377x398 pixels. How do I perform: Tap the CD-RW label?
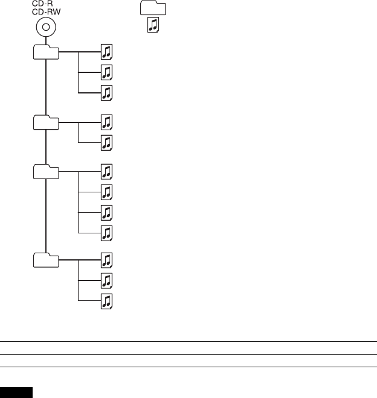46,11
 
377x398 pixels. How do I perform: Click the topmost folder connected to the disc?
46,52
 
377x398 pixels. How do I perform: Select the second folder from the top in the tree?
46,122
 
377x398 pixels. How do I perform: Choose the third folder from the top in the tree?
46,172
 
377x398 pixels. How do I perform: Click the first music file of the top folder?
107,52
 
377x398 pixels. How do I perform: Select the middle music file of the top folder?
107,72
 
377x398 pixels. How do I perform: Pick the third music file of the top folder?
107,93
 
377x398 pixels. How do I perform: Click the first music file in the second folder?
107,122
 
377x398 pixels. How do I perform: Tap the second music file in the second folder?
107,143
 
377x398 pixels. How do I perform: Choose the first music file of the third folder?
107,171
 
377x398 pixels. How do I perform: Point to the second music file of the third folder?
107,192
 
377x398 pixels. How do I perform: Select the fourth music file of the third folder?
107,233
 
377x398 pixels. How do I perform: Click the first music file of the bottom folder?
107,260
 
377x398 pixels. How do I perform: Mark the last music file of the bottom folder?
107,301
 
